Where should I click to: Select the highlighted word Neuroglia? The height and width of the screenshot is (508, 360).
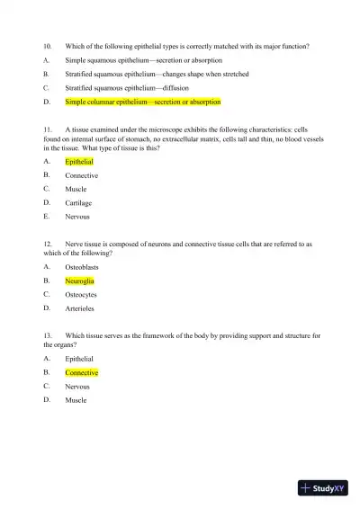pyautogui.click(x=80, y=281)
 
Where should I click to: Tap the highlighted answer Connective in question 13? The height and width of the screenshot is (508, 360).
pyautogui.click(x=82, y=372)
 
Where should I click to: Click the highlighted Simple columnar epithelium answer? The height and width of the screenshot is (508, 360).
pyautogui.click(x=142, y=102)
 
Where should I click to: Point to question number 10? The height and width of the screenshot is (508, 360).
pyautogui.click(x=49, y=45)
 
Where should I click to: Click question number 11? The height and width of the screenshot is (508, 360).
pyautogui.click(x=49, y=129)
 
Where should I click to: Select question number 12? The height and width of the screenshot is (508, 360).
pyautogui.click(x=49, y=244)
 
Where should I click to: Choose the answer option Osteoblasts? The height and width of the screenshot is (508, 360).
pyautogui.click(x=83, y=267)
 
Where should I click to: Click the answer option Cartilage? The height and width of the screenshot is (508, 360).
pyautogui.click(x=78, y=203)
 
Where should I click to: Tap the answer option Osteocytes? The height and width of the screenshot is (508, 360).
pyautogui.click(x=81, y=294)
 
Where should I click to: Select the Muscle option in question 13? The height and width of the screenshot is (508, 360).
pyautogui.click(x=76, y=400)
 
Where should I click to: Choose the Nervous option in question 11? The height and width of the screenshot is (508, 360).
pyautogui.click(x=77, y=217)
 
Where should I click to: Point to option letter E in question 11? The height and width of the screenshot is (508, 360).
pyautogui.click(x=46, y=217)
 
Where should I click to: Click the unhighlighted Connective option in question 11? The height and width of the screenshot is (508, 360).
pyautogui.click(x=82, y=175)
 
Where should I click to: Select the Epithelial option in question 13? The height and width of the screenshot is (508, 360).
pyautogui.click(x=79, y=359)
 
